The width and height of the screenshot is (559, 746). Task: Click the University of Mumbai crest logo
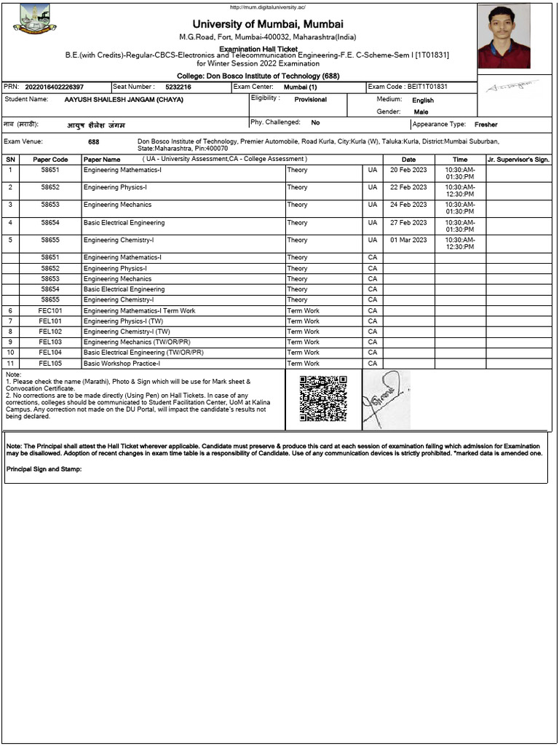coord(34,19)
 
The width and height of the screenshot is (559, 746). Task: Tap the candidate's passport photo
coord(504,36)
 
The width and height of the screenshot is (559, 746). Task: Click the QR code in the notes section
coord(323,398)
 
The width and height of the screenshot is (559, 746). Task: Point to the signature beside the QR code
coord(386,398)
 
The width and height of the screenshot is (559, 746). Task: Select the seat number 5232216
coord(178,87)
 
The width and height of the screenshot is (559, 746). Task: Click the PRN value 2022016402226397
coord(55,87)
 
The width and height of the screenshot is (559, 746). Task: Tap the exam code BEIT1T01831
coord(427,87)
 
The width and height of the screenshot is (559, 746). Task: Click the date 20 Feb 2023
coord(408,170)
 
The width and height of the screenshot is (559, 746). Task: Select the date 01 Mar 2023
coord(408,240)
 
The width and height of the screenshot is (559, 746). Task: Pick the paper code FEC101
coord(50,311)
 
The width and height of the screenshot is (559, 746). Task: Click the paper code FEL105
coord(50,364)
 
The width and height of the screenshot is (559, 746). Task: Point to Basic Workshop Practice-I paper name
coord(122,364)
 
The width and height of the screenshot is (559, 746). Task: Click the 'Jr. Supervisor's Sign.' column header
coord(518,160)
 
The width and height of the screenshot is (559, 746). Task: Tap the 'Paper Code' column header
coord(50,160)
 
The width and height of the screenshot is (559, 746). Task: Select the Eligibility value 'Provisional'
coord(310,100)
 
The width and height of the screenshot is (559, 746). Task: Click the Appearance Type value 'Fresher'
coord(485,125)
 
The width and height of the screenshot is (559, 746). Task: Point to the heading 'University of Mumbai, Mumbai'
coord(268,24)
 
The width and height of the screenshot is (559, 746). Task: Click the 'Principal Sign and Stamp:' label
coord(44,469)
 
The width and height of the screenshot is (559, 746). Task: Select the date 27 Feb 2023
coord(408,223)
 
